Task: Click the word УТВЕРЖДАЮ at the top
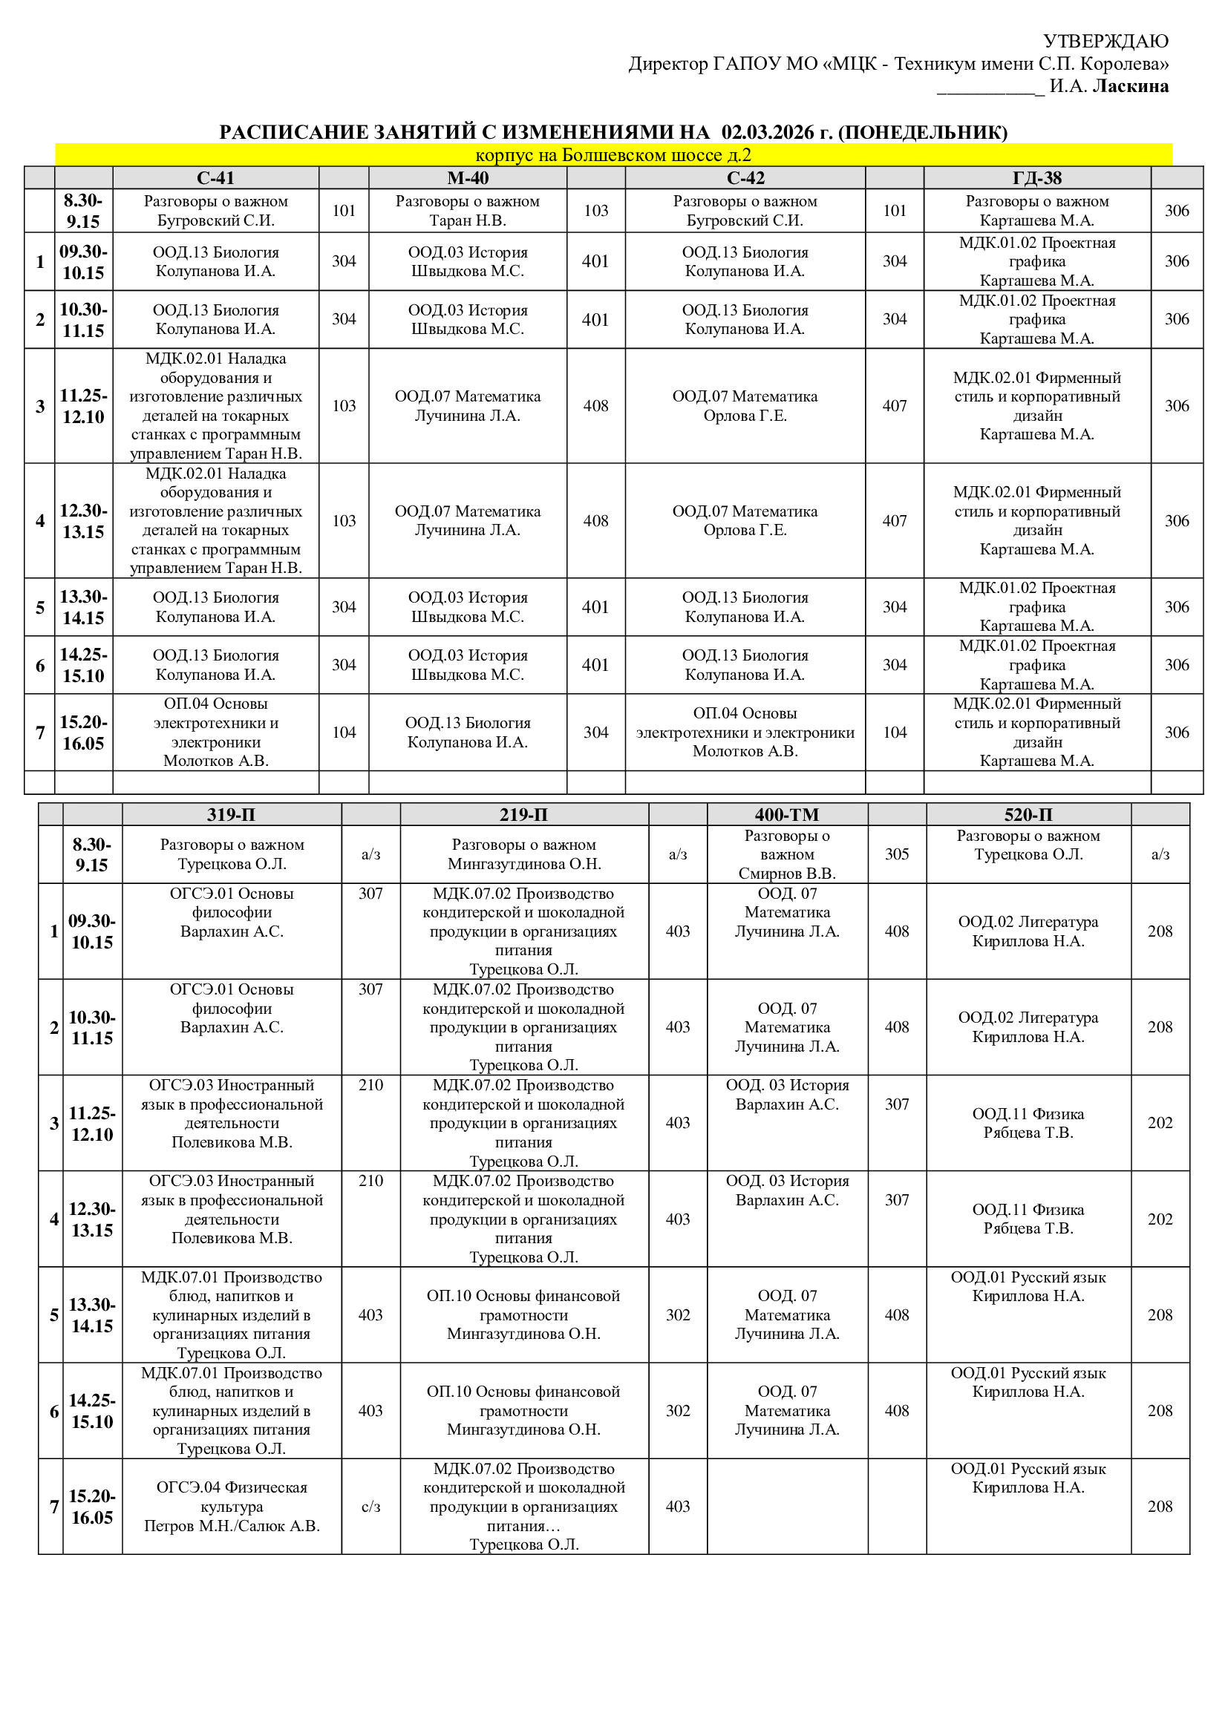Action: [1105, 41]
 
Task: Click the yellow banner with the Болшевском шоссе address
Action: [613, 155]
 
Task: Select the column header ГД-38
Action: [1036, 177]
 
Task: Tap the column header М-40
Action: [467, 177]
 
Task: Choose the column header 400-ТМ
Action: [786, 814]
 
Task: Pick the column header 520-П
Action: [1028, 814]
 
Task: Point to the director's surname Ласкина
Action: [1131, 86]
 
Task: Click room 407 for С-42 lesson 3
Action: [894, 406]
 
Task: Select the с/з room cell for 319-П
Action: [370, 1507]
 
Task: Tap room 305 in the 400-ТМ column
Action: [897, 854]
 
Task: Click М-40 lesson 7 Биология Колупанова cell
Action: [467, 733]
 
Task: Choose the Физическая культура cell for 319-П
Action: [232, 1507]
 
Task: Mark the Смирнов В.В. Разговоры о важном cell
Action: [786, 854]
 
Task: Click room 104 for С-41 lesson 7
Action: [343, 733]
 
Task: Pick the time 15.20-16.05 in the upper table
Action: [83, 733]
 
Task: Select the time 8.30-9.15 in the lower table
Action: [91, 854]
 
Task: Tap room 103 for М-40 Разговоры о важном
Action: [595, 210]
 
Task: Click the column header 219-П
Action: [523, 814]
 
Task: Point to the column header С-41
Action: [215, 177]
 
